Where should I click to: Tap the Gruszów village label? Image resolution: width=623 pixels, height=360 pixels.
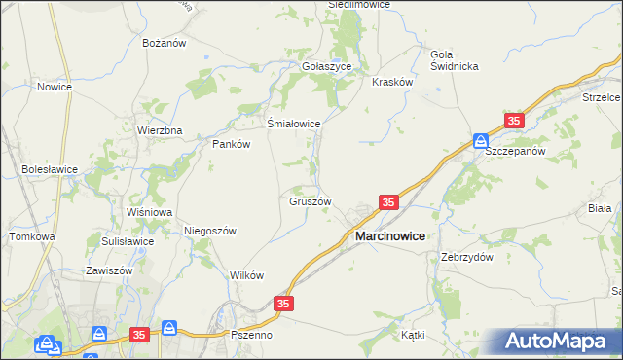point(311,202)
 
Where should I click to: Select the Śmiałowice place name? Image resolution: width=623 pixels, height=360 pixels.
point(294,124)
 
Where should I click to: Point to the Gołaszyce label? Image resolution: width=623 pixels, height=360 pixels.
point(332,66)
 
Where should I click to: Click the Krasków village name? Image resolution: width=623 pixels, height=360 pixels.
point(393,83)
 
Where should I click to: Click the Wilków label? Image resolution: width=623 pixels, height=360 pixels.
point(247,275)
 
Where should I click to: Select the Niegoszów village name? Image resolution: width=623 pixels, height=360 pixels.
point(210,231)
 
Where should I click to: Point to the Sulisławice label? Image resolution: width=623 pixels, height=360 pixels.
point(128,241)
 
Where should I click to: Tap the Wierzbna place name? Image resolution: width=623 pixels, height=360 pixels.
point(160,129)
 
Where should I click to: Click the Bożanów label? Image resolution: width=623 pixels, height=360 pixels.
point(165,44)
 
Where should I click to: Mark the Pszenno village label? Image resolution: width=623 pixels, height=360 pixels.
point(251,334)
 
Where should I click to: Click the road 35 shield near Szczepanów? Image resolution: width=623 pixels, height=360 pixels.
point(514,121)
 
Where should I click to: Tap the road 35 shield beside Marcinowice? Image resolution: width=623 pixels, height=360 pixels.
point(388,202)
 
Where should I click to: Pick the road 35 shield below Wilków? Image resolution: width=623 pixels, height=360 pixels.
point(283,305)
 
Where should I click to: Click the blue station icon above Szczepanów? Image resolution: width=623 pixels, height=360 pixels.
point(481,139)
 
